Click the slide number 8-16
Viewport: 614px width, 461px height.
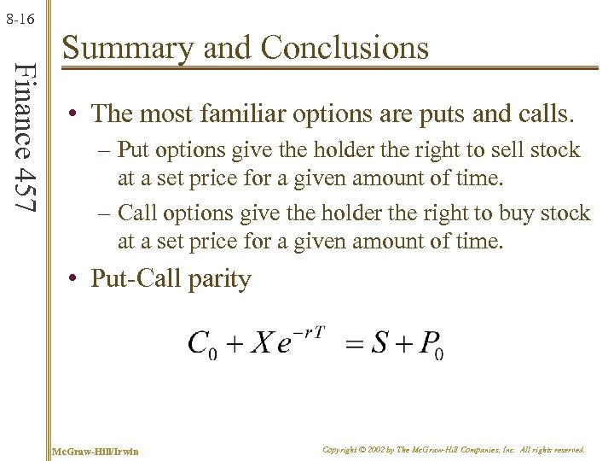coord(20,16)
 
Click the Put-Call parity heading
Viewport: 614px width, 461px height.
coord(171,279)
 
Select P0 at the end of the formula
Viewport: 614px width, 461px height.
coord(432,345)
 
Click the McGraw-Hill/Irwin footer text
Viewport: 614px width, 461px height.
coord(96,450)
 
